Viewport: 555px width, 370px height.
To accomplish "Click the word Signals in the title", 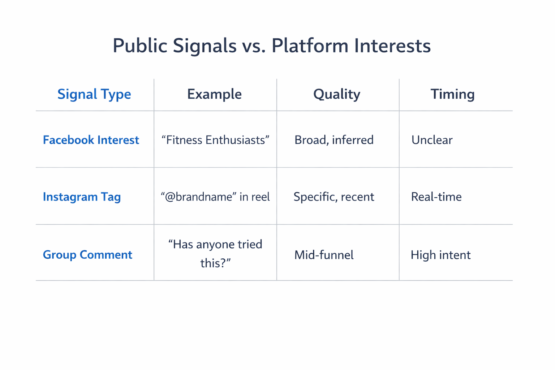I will [204, 46].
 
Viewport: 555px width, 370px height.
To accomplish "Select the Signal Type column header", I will [94, 94].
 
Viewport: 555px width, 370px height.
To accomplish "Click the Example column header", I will [214, 94].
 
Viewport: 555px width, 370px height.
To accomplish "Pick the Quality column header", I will [336, 94].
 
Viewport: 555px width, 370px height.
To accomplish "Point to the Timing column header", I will [452, 94].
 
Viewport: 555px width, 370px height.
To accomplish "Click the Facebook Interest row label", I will [91, 140].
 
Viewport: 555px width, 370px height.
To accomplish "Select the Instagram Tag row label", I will [82, 197].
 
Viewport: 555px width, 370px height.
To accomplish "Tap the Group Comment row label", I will [87, 255].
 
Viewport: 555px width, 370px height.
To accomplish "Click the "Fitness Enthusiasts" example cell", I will [215, 140].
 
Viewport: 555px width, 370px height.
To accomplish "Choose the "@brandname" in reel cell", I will [215, 197].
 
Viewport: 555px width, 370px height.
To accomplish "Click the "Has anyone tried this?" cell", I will [215, 253].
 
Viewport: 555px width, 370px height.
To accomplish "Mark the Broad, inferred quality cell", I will [334, 140].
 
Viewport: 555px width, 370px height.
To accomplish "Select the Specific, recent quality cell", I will [334, 197].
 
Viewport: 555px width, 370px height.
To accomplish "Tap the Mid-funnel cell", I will [324, 255].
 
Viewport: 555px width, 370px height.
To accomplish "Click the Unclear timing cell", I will [432, 140].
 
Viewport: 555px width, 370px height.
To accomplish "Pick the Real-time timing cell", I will [436, 197].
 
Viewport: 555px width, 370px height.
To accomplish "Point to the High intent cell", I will [440, 255].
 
